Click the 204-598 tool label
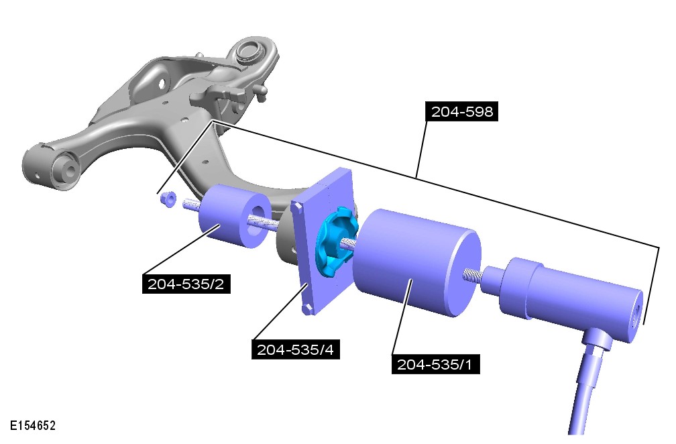tap(461, 111)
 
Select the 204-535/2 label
tap(186, 284)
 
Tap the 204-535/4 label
tap(296, 349)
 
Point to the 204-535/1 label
tap(435, 364)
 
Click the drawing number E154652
tap(33, 426)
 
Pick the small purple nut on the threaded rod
tap(168, 199)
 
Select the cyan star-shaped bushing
tap(336, 241)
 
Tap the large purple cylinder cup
tap(416, 263)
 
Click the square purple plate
tap(323, 241)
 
